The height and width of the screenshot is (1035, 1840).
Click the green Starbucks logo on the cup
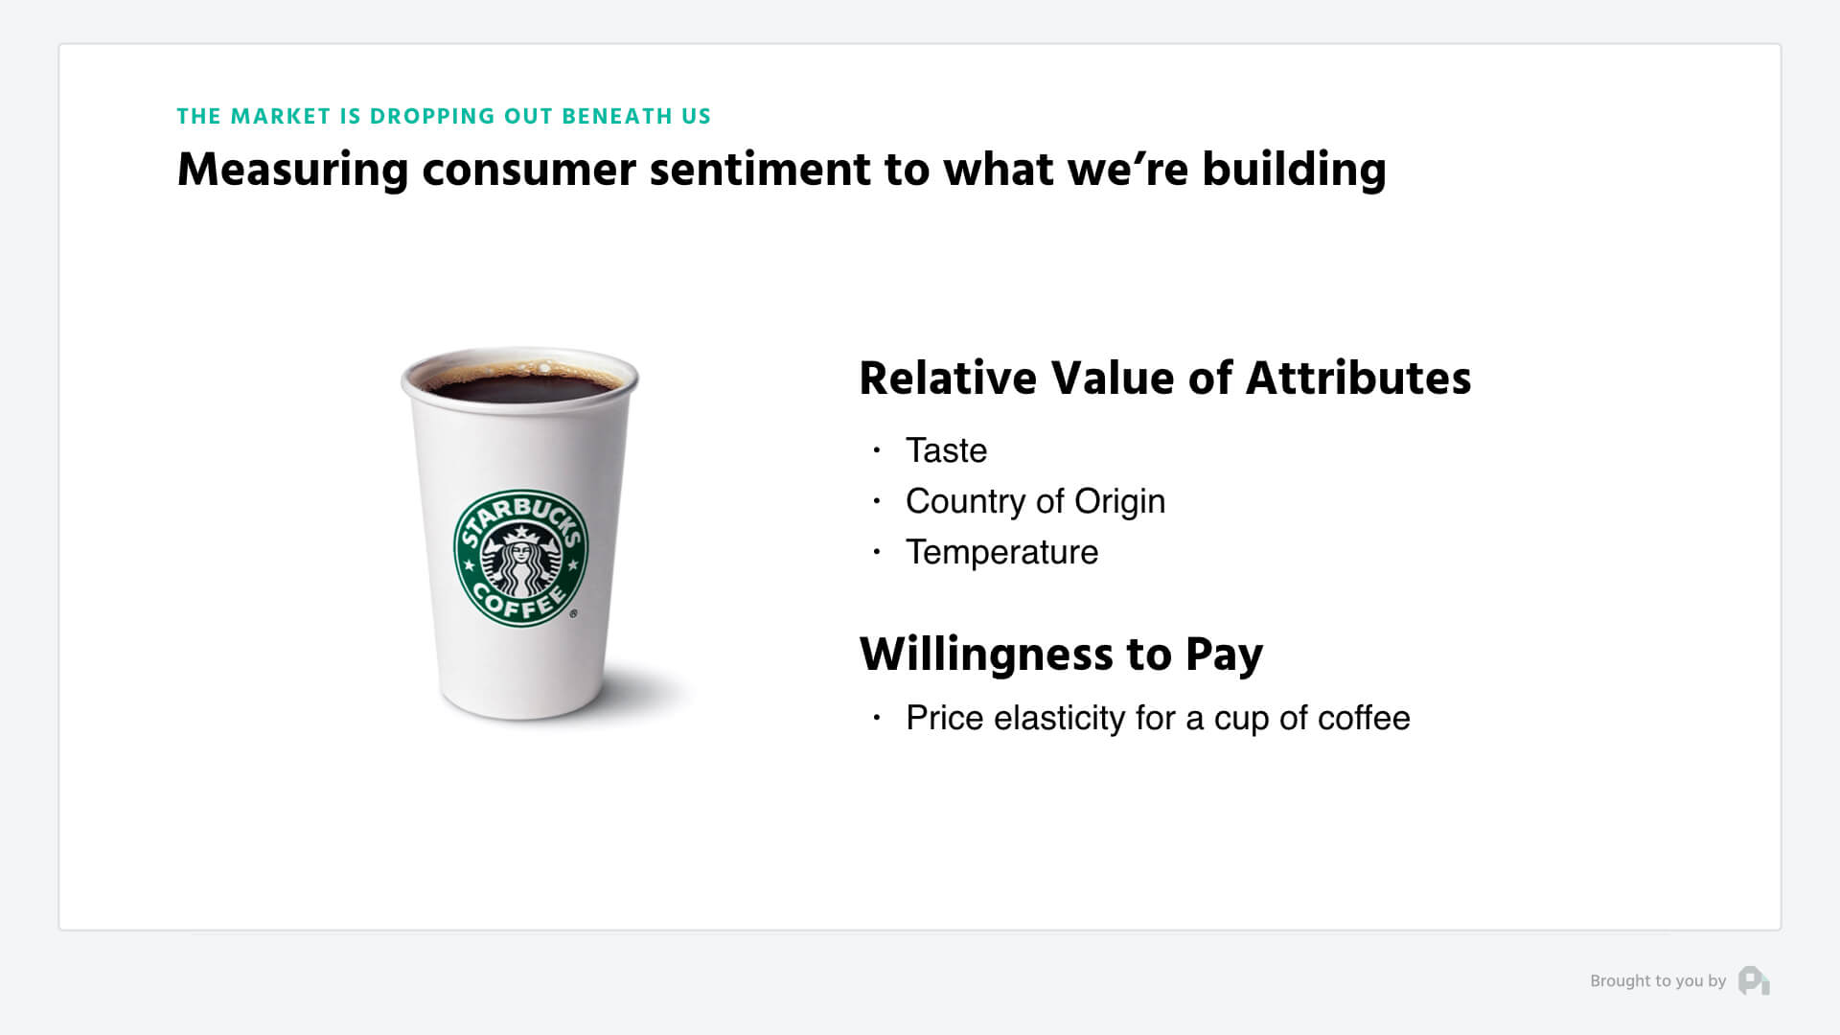(x=520, y=559)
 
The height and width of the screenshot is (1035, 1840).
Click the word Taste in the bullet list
(x=946, y=450)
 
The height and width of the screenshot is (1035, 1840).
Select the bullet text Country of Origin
(x=1035, y=501)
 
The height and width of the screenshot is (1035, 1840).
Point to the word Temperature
(x=1001, y=553)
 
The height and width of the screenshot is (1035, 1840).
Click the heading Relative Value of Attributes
(x=1164, y=378)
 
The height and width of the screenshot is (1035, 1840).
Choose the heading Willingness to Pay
(x=1061, y=655)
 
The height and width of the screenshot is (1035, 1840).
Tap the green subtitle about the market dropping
(x=444, y=117)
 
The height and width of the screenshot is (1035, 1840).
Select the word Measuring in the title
(x=293, y=171)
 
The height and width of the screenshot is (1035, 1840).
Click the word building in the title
(x=1294, y=170)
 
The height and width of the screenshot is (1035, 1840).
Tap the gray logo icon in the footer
(x=1754, y=980)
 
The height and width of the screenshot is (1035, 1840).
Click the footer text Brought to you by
(x=1658, y=981)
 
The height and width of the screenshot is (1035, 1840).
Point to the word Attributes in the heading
(x=1358, y=378)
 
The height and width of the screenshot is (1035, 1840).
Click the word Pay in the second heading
(x=1224, y=655)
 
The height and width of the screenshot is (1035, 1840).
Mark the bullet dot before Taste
(x=876, y=449)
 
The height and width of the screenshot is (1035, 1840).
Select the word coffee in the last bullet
(x=1364, y=718)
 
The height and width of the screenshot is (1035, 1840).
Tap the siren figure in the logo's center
(x=520, y=565)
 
